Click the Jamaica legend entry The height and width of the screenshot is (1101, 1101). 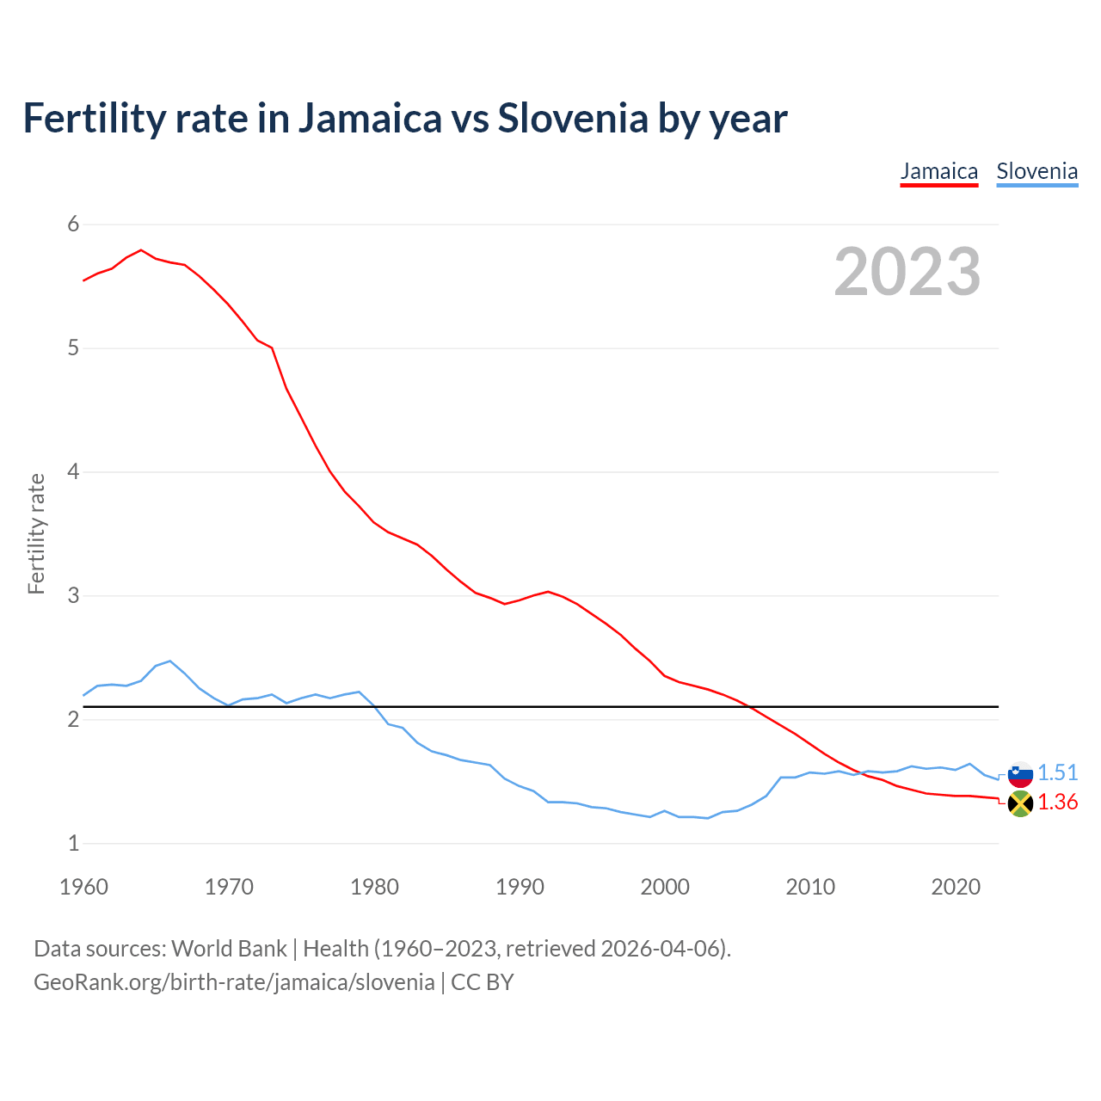coord(938,172)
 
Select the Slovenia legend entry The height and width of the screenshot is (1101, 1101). coord(1036,172)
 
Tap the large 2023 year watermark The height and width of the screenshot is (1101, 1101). coord(907,272)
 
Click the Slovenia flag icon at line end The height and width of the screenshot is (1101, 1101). coord(1020,774)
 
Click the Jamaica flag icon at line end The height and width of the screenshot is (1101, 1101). coord(1020,804)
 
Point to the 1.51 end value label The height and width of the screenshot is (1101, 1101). coord(1057,773)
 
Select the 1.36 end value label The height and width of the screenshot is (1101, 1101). coord(1057,803)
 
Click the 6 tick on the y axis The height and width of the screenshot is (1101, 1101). coord(73,225)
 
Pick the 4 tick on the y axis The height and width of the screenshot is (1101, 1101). coord(73,472)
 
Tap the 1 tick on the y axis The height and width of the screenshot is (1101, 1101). coord(73,844)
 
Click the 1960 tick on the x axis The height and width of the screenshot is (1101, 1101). coord(83,887)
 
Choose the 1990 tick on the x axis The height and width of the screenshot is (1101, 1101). coord(520,887)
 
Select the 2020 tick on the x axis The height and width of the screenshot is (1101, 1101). coord(956,887)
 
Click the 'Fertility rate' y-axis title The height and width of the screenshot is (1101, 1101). coord(36,533)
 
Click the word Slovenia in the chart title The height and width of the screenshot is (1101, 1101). coord(572,119)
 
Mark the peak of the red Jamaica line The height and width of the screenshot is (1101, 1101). coord(141,250)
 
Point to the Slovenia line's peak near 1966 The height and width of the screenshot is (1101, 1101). coord(170,661)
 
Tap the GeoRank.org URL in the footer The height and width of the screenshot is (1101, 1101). coord(234,982)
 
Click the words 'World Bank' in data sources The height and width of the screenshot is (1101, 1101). coord(229,949)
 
